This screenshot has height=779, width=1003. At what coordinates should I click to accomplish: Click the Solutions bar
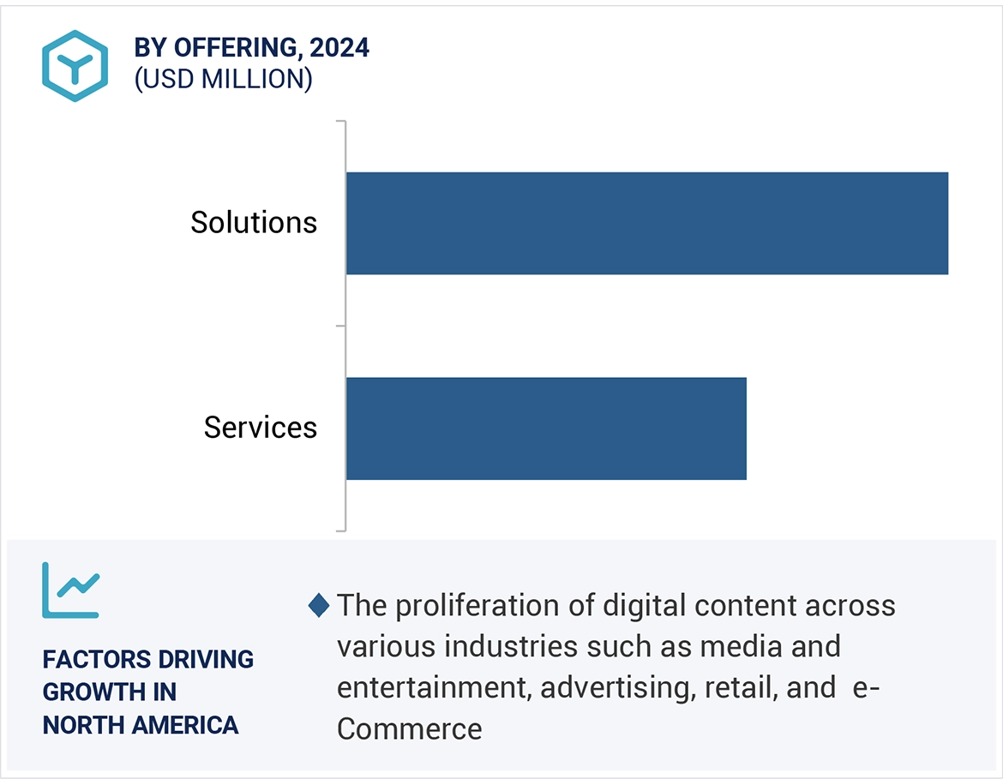click(x=646, y=223)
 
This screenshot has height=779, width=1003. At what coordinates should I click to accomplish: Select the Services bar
click(x=546, y=428)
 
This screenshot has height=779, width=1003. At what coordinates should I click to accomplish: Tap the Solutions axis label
click(x=254, y=223)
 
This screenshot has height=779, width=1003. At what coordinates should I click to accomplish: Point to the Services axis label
click(x=261, y=428)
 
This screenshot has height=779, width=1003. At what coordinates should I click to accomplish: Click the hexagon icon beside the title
click(x=75, y=66)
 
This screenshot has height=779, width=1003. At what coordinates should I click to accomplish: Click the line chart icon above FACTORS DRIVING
click(x=71, y=590)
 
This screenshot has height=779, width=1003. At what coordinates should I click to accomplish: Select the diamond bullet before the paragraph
click(x=319, y=606)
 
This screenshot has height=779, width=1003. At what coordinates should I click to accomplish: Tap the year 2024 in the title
click(x=339, y=48)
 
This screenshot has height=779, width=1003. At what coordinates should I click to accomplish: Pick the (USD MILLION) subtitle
click(x=223, y=79)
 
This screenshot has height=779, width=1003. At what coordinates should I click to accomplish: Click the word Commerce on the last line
click(x=409, y=728)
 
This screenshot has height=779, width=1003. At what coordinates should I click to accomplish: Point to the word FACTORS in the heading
click(x=93, y=660)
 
